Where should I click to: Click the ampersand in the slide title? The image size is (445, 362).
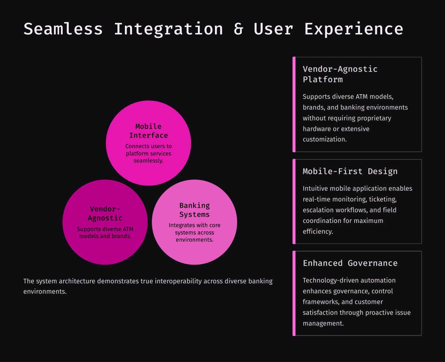(238, 29)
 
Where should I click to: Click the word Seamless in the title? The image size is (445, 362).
(63, 29)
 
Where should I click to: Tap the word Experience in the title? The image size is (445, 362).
(353, 29)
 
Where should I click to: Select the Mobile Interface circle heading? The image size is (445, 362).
(148, 131)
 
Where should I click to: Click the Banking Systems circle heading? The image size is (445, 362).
(194, 210)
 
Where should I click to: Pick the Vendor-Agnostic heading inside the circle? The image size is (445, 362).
(105, 213)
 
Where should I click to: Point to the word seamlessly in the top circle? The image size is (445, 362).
(148, 160)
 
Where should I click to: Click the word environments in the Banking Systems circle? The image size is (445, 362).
(194, 239)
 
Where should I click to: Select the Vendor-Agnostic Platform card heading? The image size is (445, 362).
(340, 74)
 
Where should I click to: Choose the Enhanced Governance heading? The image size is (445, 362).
(350, 263)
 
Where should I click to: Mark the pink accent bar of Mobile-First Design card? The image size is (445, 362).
(294, 201)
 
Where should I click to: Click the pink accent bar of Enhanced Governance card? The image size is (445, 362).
(294, 293)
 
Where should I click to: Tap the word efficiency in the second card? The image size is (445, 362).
(317, 231)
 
